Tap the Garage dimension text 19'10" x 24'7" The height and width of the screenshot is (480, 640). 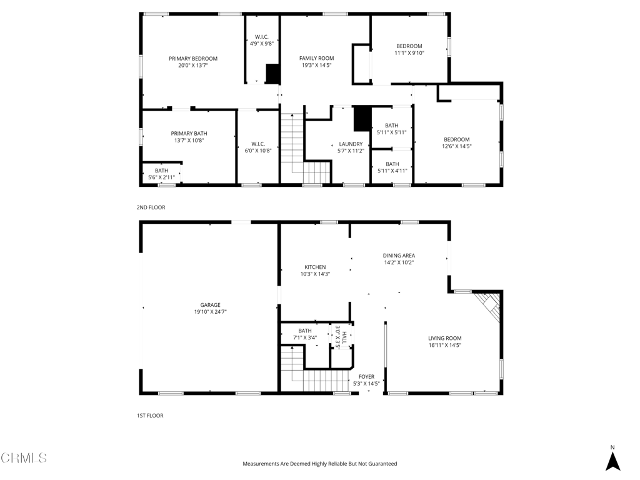point(210,311)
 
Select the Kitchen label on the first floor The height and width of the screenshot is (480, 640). point(315,267)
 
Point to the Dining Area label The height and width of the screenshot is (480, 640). point(399,255)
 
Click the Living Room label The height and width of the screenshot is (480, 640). point(445,338)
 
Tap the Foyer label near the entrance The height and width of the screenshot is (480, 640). point(366,377)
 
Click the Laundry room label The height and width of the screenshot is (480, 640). point(351,144)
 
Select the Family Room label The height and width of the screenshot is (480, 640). point(316,58)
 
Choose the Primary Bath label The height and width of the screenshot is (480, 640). point(189,133)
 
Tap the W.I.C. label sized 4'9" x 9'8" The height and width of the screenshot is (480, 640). point(262,36)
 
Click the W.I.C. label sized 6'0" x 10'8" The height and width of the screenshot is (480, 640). point(258,144)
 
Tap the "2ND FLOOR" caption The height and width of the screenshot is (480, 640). point(151,207)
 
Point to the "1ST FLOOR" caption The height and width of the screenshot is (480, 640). point(150,415)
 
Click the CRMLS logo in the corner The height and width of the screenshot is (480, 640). point(24,458)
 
